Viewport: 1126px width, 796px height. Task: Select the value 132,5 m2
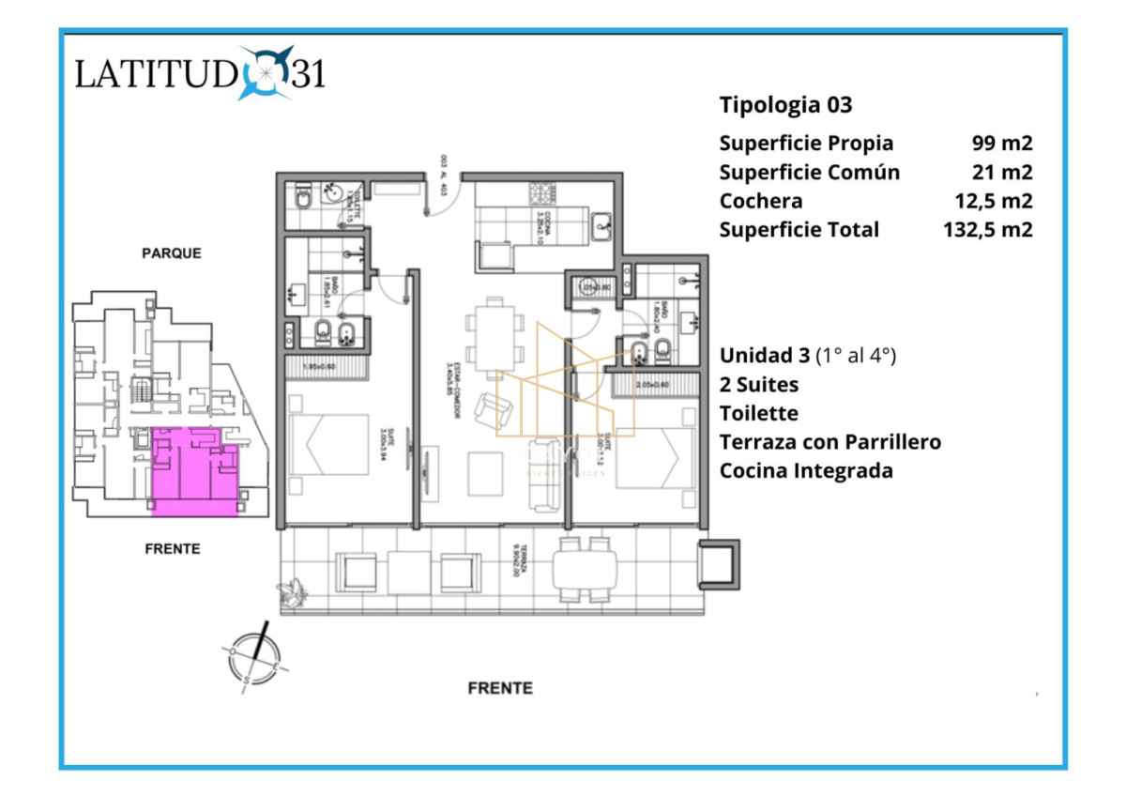[988, 230]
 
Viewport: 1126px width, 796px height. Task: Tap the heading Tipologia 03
[785, 105]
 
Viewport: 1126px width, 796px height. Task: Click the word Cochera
[760, 201]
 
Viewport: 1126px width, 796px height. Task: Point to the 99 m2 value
[1002, 144]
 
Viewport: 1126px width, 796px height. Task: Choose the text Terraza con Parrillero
[829, 441]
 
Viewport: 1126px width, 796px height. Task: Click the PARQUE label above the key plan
[172, 253]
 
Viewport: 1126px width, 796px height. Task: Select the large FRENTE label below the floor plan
[500, 688]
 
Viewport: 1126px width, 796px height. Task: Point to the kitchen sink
[601, 224]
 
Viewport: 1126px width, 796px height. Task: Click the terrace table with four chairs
[585, 569]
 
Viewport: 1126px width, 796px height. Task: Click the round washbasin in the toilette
[332, 194]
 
